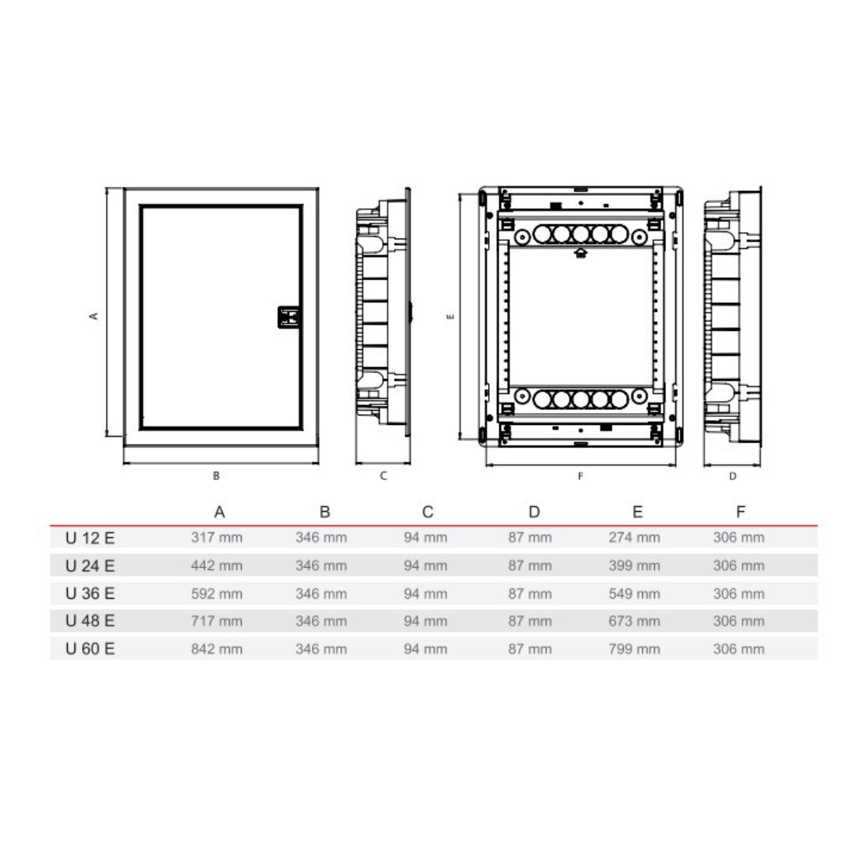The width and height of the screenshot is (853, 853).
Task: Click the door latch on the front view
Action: coord(289,318)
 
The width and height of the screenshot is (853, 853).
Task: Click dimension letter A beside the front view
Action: coord(93,315)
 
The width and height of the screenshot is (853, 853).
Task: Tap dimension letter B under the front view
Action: coord(216,476)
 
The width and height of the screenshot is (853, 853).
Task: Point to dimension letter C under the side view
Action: coord(384,476)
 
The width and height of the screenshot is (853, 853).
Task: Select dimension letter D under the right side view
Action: coord(733,476)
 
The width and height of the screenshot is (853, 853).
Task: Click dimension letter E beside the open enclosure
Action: coord(450,316)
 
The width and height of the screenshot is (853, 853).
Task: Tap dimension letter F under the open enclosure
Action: coord(581,476)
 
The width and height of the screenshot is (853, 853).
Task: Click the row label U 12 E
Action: coord(90,538)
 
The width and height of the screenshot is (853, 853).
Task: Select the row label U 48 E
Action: coord(90,621)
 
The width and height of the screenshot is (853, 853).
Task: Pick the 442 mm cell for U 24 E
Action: coord(216,566)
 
